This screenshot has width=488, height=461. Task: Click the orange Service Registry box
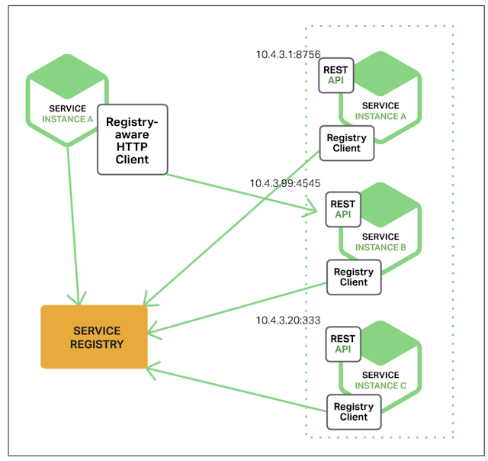tap(94, 337)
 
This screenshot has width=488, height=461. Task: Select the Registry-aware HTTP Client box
tap(132, 140)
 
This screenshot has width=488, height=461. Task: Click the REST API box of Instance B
tap(343, 208)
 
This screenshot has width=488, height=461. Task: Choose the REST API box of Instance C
tap(343, 343)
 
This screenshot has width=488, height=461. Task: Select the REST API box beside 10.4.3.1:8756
tap(336, 74)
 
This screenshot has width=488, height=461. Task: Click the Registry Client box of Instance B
tap(354, 277)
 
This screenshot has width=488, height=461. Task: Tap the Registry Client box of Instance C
tap(354, 412)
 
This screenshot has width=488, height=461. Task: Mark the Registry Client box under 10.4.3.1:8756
tap(346, 143)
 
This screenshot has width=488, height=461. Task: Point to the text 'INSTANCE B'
tap(380, 248)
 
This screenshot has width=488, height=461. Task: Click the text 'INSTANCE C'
tap(380, 385)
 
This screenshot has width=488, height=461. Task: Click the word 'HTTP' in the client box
tap(132, 147)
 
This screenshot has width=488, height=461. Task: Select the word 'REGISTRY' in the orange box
tap(97, 344)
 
